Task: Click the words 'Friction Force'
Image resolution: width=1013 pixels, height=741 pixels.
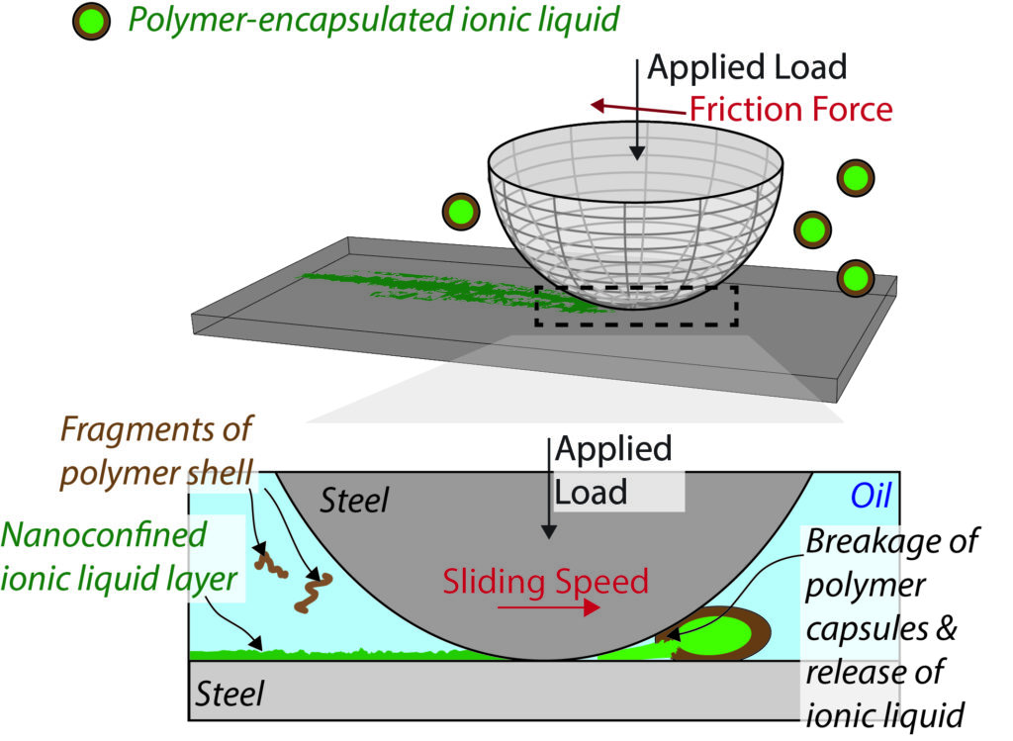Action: tap(790, 108)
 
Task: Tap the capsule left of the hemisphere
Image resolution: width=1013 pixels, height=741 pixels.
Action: tap(460, 212)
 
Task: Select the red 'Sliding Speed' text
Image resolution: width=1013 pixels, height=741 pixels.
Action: tap(545, 581)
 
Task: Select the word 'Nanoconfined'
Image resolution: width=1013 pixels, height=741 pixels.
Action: tap(103, 534)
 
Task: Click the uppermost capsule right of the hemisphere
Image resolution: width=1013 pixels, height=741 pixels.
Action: tap(855, 179)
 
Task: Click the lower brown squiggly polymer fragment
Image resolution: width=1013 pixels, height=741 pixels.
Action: tap(315, 590)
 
